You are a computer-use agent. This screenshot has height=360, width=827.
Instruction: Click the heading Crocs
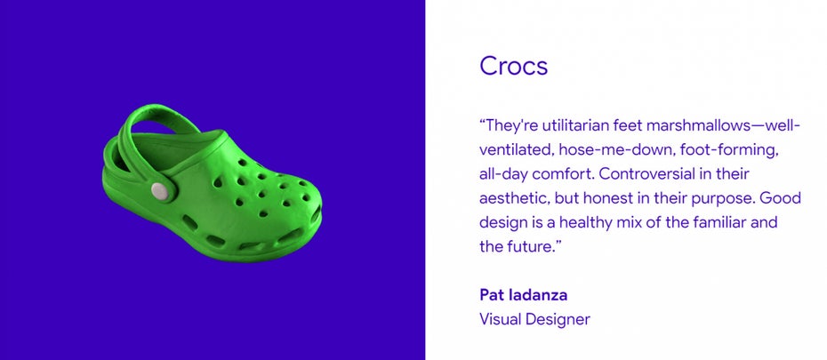[x=513, y=66]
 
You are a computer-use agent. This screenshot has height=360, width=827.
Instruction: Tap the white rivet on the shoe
[x=160, y=191]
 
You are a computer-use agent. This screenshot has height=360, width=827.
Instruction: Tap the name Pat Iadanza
[x=523, y=295]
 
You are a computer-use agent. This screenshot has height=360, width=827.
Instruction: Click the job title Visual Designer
[x=534, y=319]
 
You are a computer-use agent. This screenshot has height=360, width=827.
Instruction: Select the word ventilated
[x=516, y=150]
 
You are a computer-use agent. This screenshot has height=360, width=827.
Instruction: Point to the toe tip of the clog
[x=320, y=211]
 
